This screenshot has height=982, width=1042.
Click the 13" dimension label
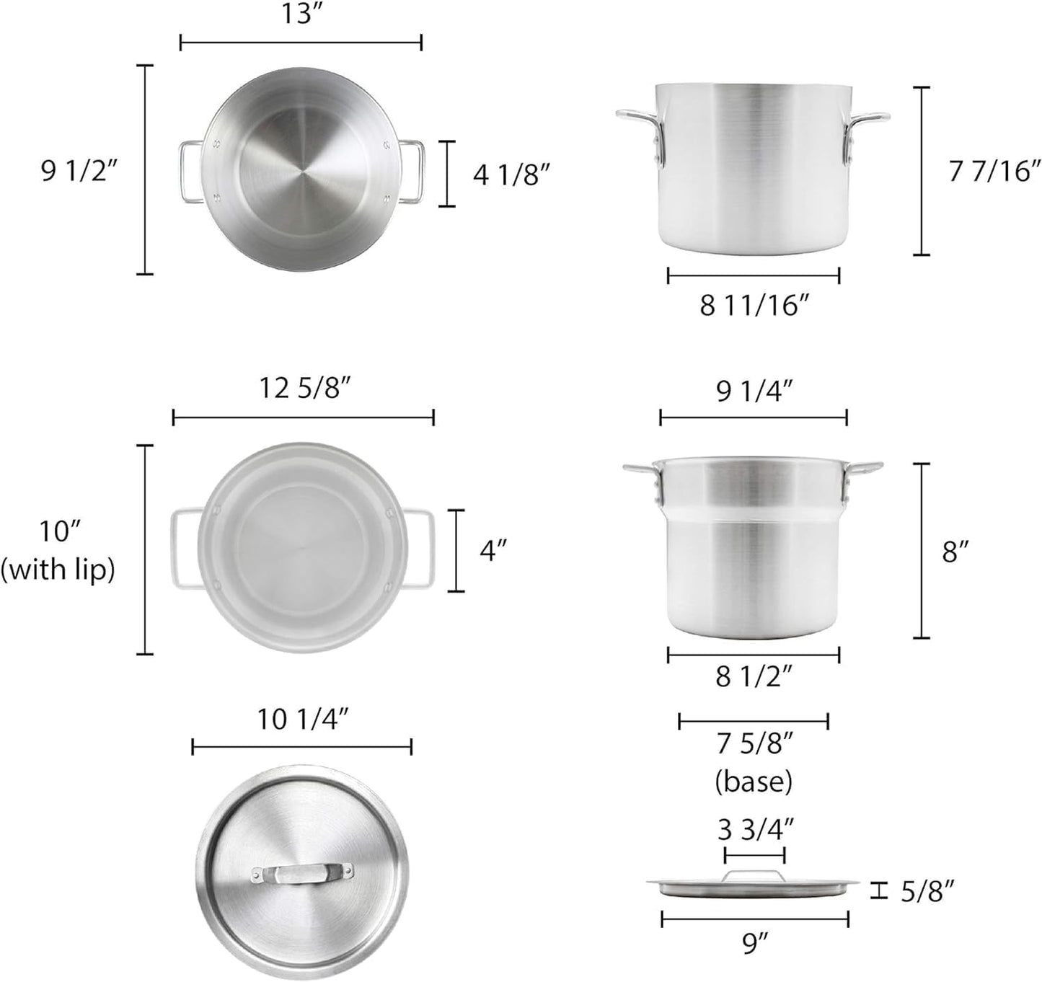point(301,14)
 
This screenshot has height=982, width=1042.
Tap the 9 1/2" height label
point(79,172)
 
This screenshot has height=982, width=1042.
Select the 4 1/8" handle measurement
point(516,174)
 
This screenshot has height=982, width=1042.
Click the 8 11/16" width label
point(753,306)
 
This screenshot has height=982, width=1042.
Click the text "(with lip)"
point(58,570)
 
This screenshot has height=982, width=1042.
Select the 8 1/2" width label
point(754,677)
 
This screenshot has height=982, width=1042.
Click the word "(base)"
point(754,782)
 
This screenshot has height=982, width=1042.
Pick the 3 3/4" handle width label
point(755,830)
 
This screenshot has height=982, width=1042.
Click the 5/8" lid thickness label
point(928,892)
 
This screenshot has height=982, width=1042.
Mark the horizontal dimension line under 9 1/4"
point(754,417)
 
